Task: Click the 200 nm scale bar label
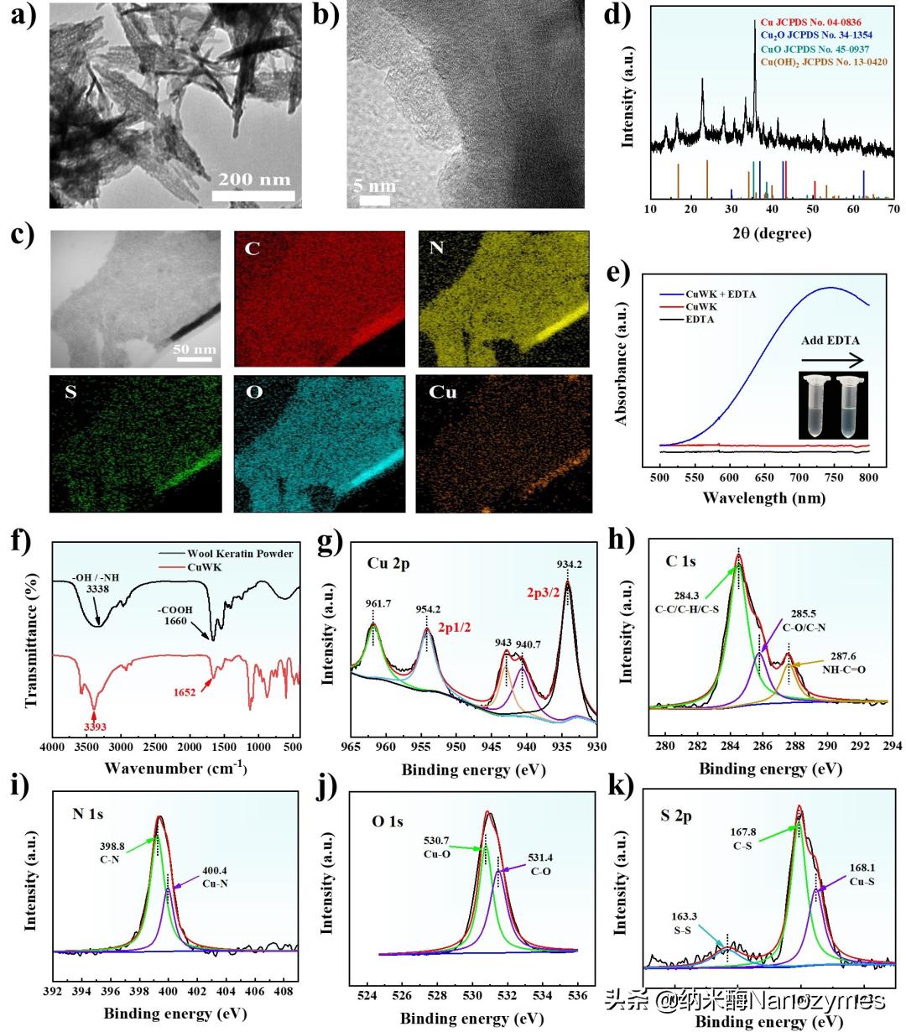point(254,179)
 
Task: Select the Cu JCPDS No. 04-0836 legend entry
point(811,22)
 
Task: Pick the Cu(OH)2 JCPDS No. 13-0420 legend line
point(823,62)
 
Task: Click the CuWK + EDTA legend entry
point(721,294)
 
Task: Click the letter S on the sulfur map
point(70,392)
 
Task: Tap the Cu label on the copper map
point(443,392)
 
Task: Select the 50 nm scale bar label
point(194,349)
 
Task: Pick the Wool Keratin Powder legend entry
point(239,554)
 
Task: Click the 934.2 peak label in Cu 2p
point(570,564)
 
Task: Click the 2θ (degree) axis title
point(773,232)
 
